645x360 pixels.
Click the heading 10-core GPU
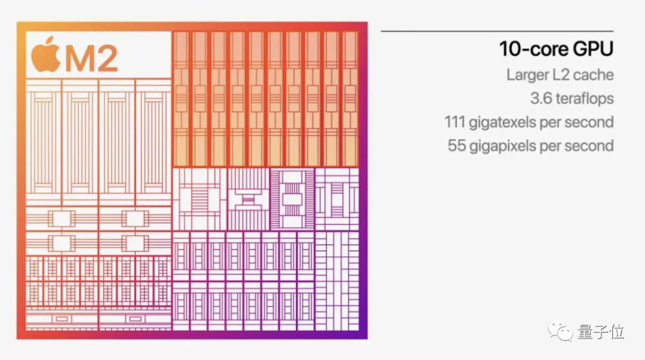point(556,49)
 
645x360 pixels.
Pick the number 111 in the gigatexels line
point(454,122)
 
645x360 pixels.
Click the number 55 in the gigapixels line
point(457,145)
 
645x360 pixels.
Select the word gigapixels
point(500,146)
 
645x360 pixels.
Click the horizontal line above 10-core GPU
point(497,30)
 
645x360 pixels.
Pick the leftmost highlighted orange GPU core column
point(182,98)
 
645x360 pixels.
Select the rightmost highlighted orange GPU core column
point(349,98)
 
